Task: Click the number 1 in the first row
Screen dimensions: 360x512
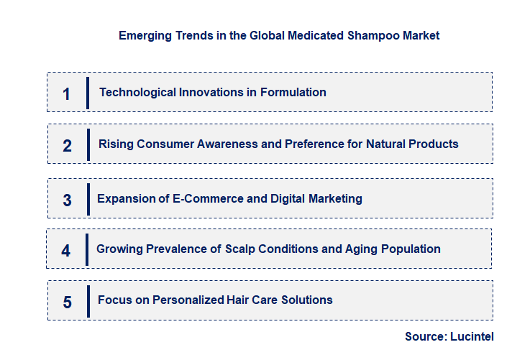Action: (x=66, y=93)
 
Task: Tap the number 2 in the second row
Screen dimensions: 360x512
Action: (x=67, y=146)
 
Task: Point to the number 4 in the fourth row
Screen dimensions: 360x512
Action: (x=66, y=251)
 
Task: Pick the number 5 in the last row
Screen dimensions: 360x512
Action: (x=67, y=302)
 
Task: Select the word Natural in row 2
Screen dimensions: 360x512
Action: (x=386, y=144)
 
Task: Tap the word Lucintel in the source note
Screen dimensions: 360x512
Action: (x=472, y=336)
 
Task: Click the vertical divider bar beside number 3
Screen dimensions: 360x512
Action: (x=88, y=198)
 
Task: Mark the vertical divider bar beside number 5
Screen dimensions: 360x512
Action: (x=88, y=300)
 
